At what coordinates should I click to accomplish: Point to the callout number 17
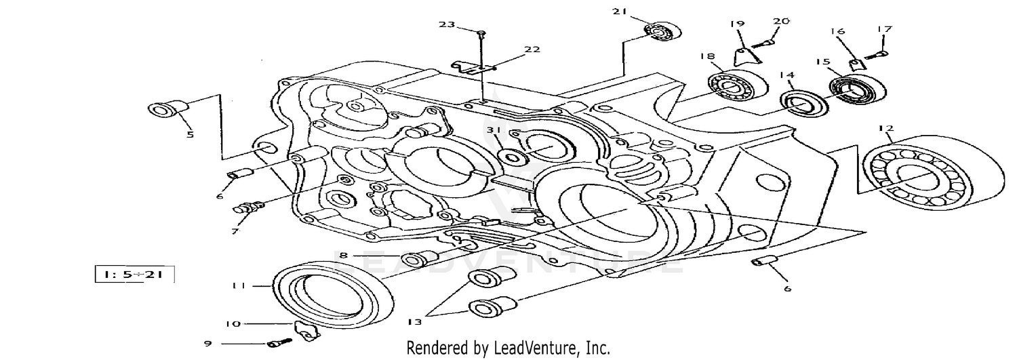(884, 29)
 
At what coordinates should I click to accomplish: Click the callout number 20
(781, 21)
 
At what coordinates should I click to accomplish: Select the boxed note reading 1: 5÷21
(135, 275)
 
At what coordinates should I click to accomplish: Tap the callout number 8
(344, 256)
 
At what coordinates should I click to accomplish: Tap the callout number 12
(886, 127)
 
